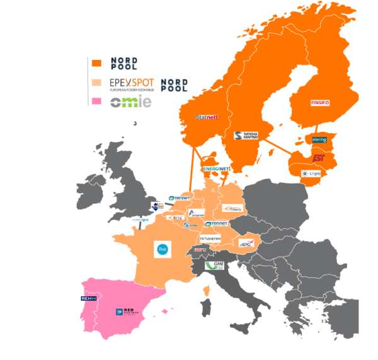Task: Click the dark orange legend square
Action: tap(96, 63)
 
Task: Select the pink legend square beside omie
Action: tap(96, 101)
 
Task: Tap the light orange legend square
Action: tap(96, 83)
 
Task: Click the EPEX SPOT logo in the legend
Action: tap(130, 84)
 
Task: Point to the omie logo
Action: tap(131, 102)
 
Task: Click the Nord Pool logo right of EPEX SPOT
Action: tap(174, 85)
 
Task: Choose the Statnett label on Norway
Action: tap(207, 117)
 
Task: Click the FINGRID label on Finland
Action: tap(320, 103)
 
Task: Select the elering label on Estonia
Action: tap(319, 139)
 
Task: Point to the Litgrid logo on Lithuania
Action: tap(312, 173)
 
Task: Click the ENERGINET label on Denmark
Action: tap(215, 169)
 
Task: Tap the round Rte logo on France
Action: tap(161, 250)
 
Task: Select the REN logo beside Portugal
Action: tap(87, 298)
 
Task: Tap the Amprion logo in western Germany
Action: tap(196, 214)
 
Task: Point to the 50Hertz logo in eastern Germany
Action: tap(231, 207)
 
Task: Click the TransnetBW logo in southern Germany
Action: tap(210, 239)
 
